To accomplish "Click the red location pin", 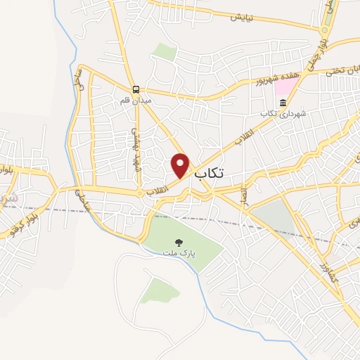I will pos(181,164).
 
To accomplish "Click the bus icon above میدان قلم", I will pos(136,89).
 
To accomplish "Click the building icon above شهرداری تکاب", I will pos(283,104).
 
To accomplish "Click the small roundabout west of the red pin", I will pos(141,193).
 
